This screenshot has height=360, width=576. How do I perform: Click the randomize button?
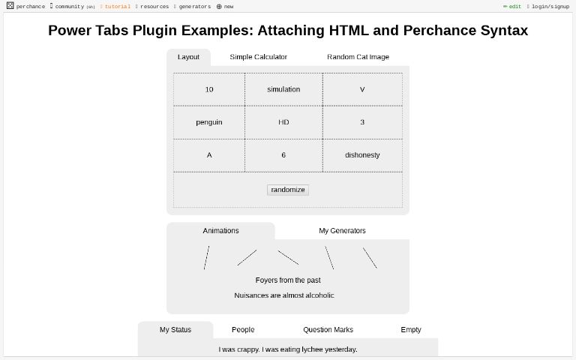coord(288,190)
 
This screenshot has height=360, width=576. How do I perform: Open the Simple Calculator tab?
coord(258,57)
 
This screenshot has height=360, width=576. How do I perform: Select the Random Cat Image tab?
coord(358,57)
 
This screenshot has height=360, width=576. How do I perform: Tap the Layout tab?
coord(188,57)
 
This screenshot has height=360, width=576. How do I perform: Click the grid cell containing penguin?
coord(209,122)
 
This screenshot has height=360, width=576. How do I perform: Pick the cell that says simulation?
coord(283,89)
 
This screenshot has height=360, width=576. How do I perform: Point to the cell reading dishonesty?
coord(362,155)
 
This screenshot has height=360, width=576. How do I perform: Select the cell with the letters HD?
coord(283,122)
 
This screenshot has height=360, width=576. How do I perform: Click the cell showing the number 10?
coord(209,89)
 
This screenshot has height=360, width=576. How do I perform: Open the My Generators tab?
coord(342,231)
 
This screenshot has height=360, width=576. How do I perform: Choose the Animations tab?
coord(220,231)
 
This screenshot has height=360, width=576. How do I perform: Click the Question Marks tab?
coord(328,330)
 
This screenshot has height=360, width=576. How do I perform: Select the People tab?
coord(243,330)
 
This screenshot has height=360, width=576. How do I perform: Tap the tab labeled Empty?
coord(411,330)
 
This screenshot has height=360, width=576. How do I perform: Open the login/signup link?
coord(550,7)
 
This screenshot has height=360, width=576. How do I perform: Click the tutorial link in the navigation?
coord(117,7)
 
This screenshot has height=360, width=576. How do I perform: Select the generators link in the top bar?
coord(194,7)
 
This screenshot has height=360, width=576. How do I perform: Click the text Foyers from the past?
coord(288,280)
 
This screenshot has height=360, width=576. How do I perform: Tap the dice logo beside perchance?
coord(10,6)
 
